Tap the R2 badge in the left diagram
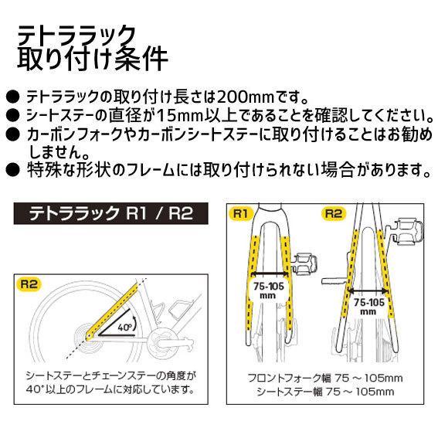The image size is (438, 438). tap(28, 284)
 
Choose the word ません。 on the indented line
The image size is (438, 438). tap(54, 151)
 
